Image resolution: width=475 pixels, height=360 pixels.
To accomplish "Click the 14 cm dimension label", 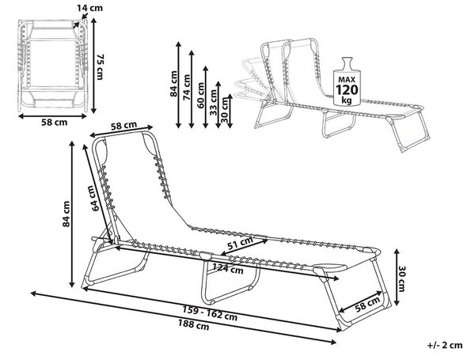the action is [x=89, y=8].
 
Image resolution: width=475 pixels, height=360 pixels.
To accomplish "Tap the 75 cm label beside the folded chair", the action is [x=100, y=67].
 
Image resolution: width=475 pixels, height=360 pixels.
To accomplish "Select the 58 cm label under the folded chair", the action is [x=54, y=123].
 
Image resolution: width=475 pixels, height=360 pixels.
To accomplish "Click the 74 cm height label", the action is [x=187, y=88].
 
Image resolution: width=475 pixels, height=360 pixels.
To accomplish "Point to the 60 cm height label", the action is [x=201, y=96].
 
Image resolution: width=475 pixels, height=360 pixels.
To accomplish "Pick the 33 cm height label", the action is [x=214, y=103].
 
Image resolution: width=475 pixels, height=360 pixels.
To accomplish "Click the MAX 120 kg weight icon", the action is [x=347, y=81].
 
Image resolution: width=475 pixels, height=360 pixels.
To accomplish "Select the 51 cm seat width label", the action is [x=240, y=243].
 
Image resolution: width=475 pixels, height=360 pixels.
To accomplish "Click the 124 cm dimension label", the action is [x=228, y=268].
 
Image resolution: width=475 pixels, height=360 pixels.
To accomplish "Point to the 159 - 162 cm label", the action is [x=210, y=313].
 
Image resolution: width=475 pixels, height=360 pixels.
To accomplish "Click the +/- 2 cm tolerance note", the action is [x=445, y=345].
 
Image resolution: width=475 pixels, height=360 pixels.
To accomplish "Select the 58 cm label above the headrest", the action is [x=123, y=126].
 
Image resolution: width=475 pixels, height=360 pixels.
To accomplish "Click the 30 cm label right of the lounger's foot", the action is [x=401, y=279].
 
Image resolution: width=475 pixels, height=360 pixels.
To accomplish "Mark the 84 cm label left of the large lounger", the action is [x=66, y=214].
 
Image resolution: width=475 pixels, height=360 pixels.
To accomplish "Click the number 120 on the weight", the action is [x=347, y=90].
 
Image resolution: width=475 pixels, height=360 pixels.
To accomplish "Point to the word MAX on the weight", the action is [x=347, y=80].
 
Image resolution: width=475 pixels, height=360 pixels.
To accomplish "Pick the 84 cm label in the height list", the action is [x=173, y=84].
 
